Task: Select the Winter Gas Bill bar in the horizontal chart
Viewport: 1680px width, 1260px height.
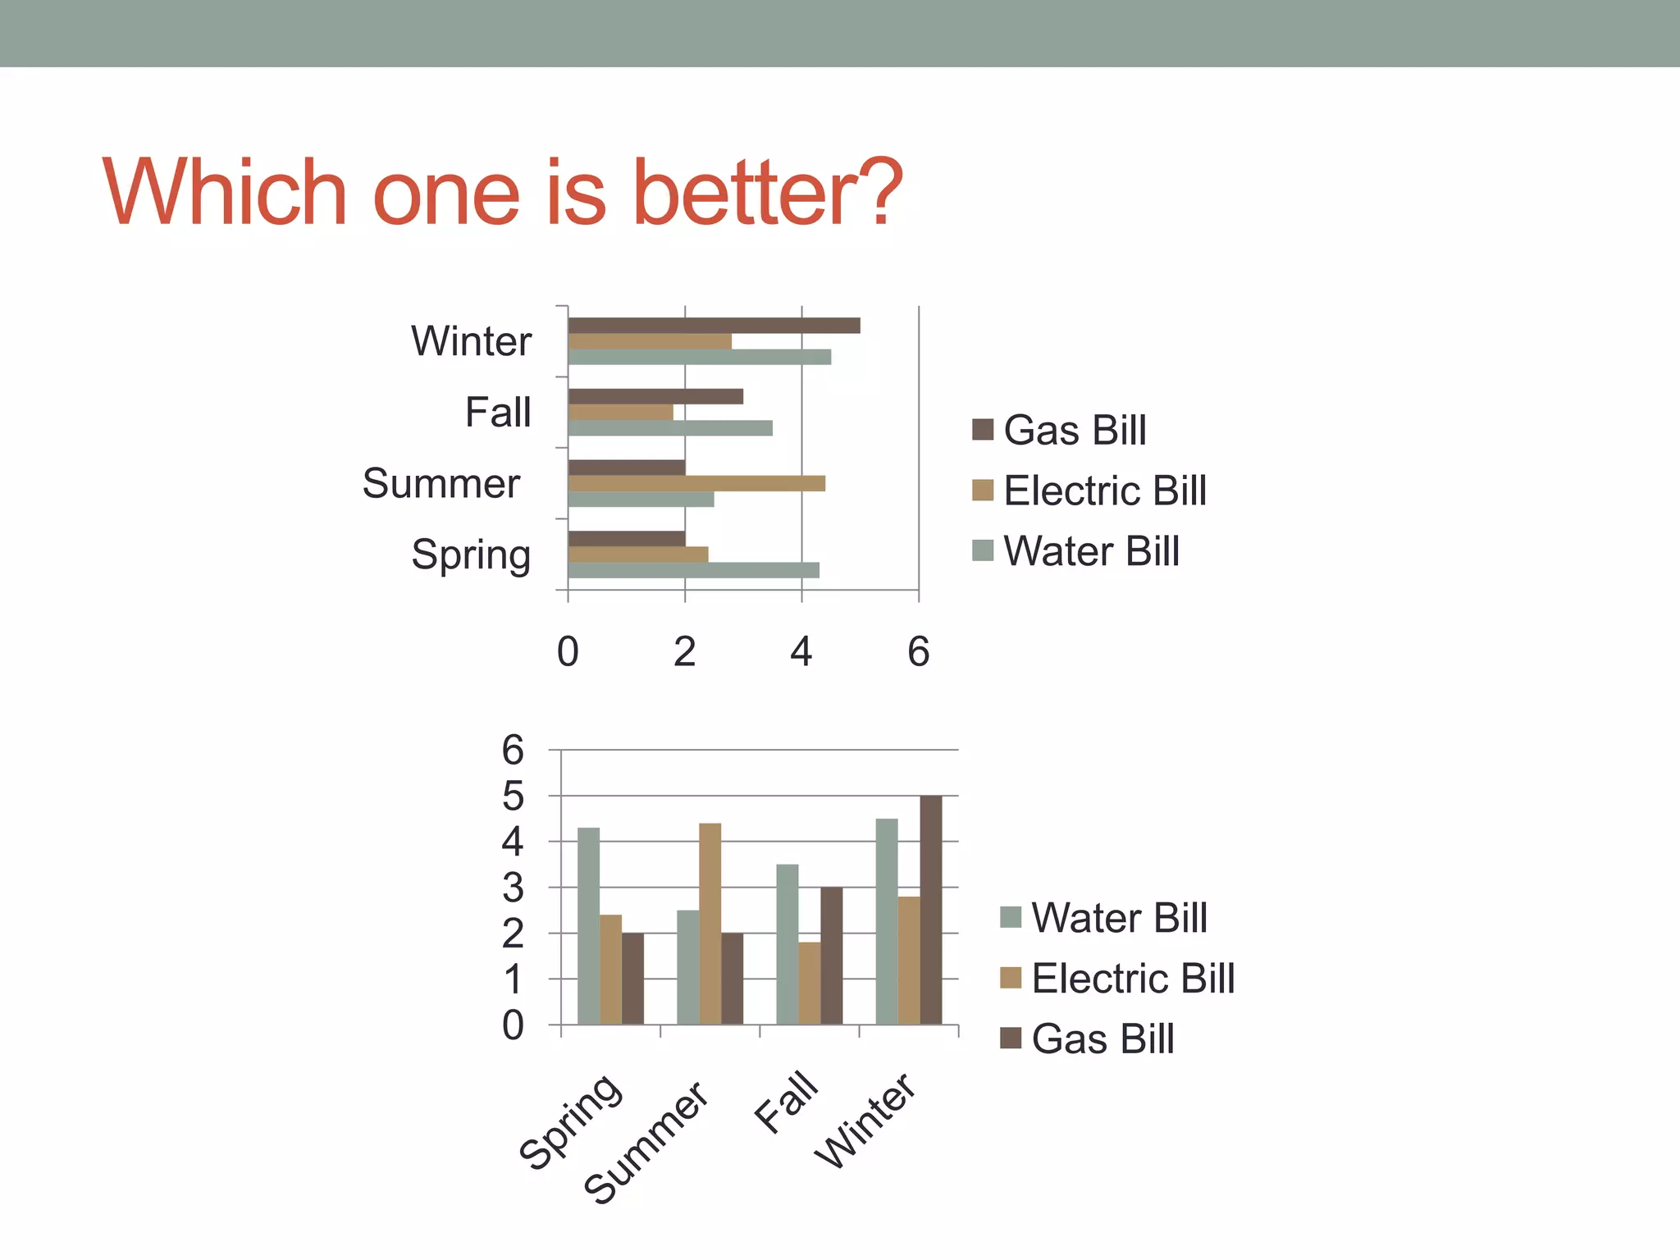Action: [x=714, y=326]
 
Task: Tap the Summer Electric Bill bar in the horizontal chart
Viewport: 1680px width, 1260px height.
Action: [x=696, y=483]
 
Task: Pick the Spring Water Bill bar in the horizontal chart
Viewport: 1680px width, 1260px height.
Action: [x=693, y=570]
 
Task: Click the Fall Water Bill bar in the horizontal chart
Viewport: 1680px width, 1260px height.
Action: [x=669, y=428]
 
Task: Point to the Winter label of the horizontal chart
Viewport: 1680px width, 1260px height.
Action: [x=471, y=340]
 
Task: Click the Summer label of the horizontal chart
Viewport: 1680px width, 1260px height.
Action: [x=441, y=483]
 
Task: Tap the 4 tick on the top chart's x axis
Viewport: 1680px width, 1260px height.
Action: [x=801, y=652]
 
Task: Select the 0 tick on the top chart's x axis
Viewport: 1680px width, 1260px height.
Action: [x=568, y=652]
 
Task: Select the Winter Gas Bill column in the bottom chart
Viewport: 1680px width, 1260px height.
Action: [x=930, y=911]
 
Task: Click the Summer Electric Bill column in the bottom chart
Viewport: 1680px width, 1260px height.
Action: [x=710, y=924]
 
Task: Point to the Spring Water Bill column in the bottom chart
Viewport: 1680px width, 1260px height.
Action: [x=588, y=926]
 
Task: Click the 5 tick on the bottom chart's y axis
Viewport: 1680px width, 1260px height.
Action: [x=513, y=796]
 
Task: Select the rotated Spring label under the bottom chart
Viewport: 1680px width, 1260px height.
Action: [x=571, y=1121]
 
